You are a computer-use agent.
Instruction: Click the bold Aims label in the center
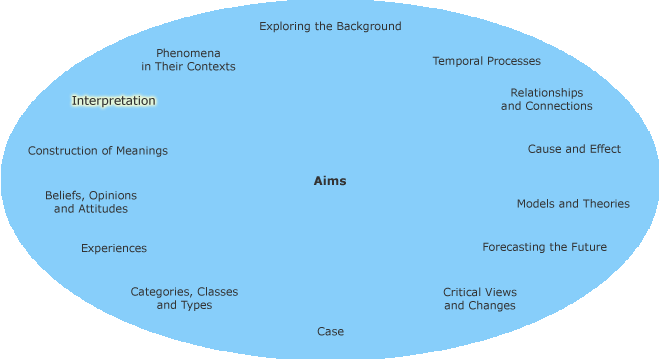(330, 181)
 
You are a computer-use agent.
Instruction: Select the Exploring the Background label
(330, 26)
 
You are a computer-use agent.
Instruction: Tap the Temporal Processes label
(486, 61)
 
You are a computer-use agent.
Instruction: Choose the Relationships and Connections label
(546, 99)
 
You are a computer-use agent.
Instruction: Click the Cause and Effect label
(574, 149)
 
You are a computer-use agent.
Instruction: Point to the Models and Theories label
(573, 203)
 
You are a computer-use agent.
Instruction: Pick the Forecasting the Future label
(544, 247)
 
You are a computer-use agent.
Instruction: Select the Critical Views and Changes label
(480, 299)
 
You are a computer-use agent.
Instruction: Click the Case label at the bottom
(330, 331)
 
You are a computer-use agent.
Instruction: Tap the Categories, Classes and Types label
(184, 298)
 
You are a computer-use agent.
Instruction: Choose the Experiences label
(114, 248)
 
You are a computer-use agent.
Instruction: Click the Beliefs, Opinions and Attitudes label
(91, 202)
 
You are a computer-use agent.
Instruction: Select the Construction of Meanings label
(98, 151)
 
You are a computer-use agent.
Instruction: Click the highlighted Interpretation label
(114, 101)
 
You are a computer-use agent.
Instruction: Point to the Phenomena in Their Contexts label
(188, 59)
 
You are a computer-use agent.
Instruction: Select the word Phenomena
(188, 52)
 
